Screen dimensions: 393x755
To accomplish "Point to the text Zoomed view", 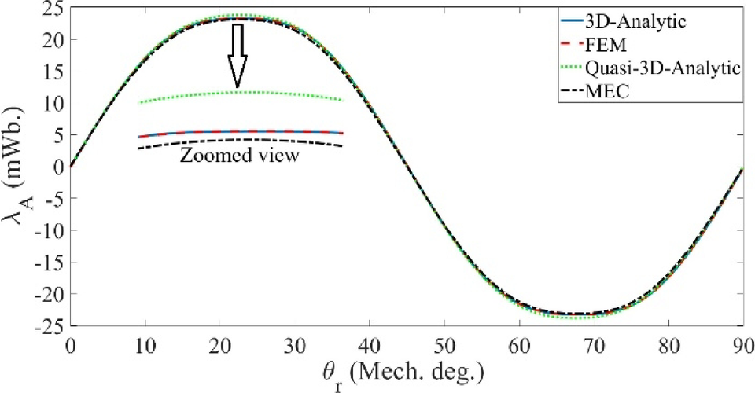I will point(239,156).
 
